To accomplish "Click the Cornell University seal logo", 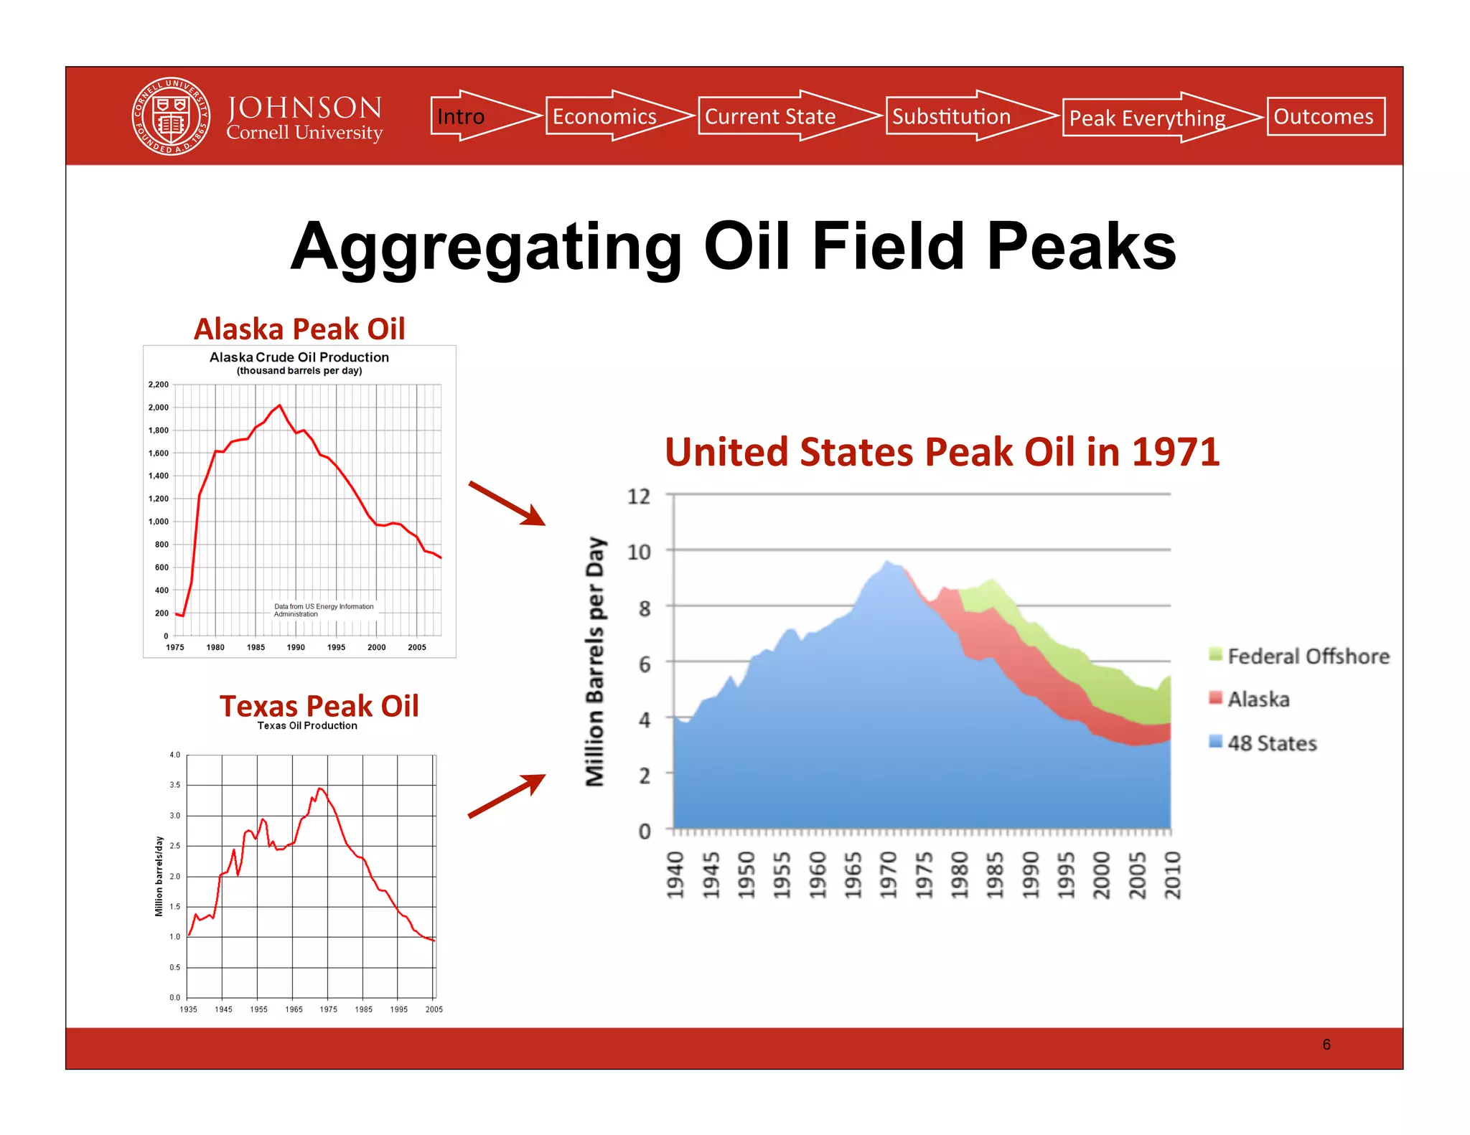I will point(171,116).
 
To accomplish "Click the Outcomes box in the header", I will point(1325,116).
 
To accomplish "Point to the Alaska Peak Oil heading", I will point(299,329).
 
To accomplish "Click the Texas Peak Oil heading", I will point(319,706).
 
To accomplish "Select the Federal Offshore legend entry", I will point(1299,656).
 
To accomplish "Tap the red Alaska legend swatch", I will point(1215,698).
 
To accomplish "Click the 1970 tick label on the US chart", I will point(888,875).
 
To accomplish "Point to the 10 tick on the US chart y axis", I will point(639,552).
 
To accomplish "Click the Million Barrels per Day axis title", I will point(595,661).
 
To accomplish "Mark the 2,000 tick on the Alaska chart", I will point(159,408).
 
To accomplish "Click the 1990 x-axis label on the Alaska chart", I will point(296,647).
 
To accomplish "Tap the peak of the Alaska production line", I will point(279,405).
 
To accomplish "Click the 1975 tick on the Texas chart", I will point(328,1009).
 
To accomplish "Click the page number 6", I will point(1326,1045).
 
